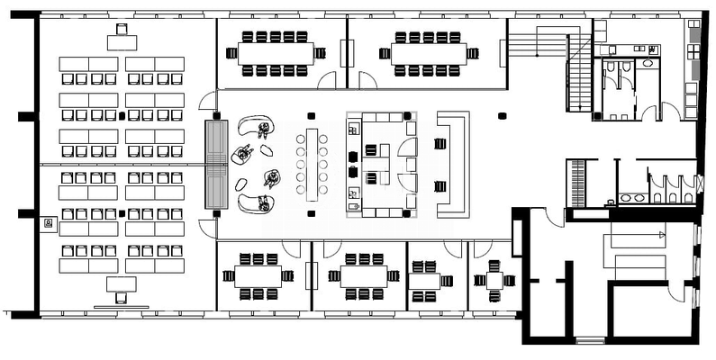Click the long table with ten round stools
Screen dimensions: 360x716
[x=313, y=165]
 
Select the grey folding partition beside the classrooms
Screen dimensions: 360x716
[x=217, y=164]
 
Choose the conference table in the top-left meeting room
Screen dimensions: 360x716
[x=275, y=53]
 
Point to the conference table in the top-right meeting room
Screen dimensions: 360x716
[x=428, y=53]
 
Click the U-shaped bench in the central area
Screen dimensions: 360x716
[x=452, y=164]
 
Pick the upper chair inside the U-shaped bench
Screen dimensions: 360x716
[x=440, y=144]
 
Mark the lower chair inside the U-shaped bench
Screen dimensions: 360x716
[x=440, y=186]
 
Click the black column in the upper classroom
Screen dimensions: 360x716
[x=122, y=117]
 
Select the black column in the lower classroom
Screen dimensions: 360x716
[x=122, y=213]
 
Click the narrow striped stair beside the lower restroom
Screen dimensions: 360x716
[x=576, y=183]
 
